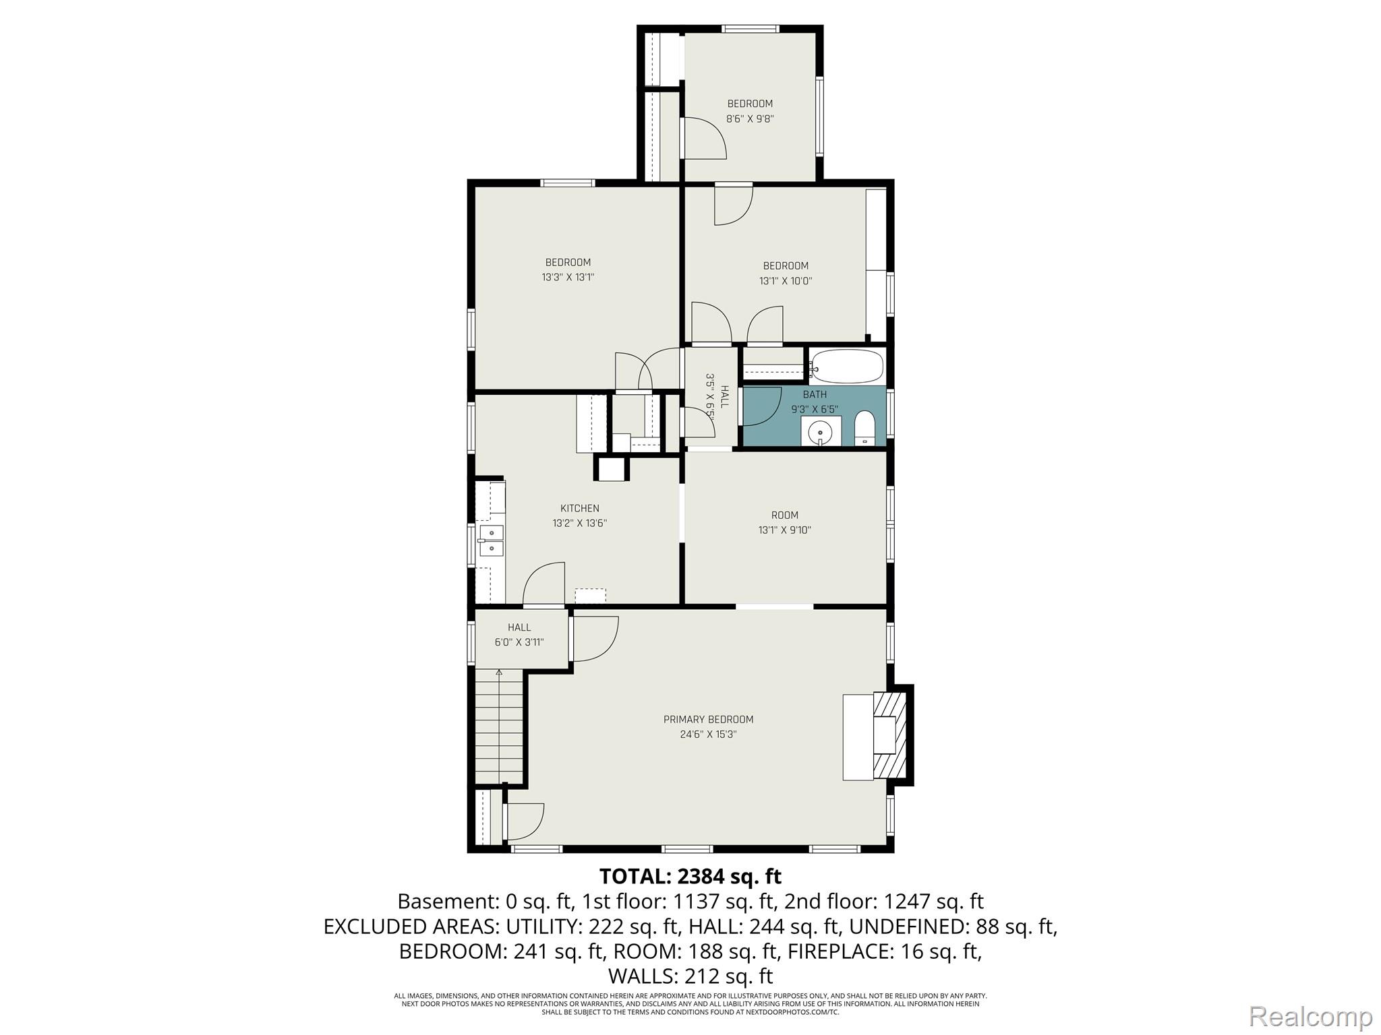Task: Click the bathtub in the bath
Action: click(x=846, y=367)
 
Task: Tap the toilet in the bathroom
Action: click(x=864, y=429)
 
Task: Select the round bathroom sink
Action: click(x=821, y=431)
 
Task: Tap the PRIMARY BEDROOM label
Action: click(x=708, y=720)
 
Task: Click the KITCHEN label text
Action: click(x=580, y=509)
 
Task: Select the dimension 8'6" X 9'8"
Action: click(x=750, y=119)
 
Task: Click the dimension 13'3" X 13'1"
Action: click(x=568, y=277)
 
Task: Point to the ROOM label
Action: click(x=785, y=515)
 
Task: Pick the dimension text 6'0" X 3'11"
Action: click(x=519, y=642)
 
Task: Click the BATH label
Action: click(x=815, y=395)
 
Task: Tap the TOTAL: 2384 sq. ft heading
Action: click(x=690, y=877)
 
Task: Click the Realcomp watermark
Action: click(x=1311, y=1016)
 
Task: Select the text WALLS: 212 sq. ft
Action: click(x=690, y=976)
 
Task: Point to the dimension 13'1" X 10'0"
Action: click(x=786, y=281)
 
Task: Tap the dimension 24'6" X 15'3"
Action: click(x=708, y=734)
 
